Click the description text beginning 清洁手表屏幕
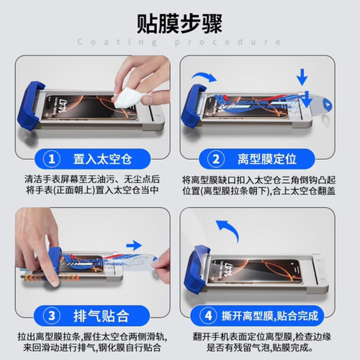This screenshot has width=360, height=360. pyautogui.click(x=90, y=185)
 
